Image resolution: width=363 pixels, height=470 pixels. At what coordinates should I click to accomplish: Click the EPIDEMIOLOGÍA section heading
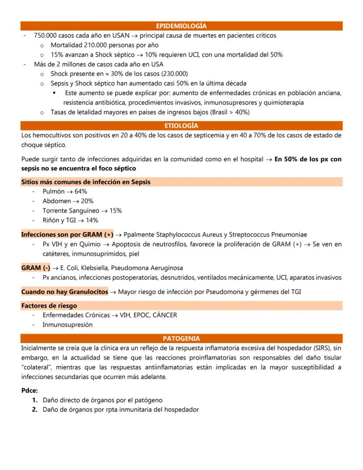pyautogui.click(x=181, y=26)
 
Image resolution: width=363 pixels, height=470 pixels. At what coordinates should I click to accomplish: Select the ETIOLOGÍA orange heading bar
pyautogui.click(x=181, y=126)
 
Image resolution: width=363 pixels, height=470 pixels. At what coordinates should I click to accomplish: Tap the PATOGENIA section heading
pyautogui.click(x=181, y=338)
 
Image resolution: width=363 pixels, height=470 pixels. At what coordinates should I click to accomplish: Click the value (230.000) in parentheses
pyautogui.click(x=175, y=74)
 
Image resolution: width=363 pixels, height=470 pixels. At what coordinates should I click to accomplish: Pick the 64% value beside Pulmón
pyautogui.click(x=81, y=191)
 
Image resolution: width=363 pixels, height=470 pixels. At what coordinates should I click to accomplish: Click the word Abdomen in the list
pyautogui.click(x=56, y=201)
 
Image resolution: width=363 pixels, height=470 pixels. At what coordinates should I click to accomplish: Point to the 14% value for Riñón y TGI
pyautogui.click(x=92, y=220)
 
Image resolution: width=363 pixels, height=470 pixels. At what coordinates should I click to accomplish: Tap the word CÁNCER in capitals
pyautogui.click(x=165, y=315)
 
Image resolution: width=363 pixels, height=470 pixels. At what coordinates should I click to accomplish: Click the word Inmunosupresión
pyautogui.click(x=68, y=325)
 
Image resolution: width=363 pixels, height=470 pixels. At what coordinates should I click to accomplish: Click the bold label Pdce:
pyautogui.click(x=29, y=390)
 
